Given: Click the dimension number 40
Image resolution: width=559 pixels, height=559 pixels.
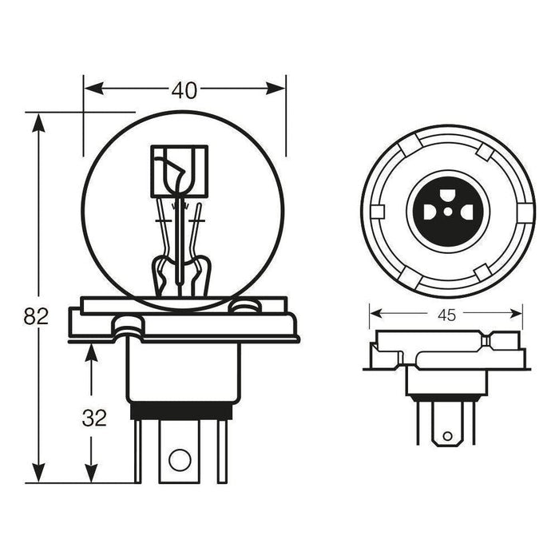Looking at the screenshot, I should (x=184, y=91).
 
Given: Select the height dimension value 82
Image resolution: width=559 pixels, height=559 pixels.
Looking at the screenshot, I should (x=36, y=316).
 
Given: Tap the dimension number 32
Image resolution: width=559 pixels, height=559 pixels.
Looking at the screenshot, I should (x=94, y=418).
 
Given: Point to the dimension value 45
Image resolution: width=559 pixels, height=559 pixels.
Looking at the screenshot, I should (x=446, y=315).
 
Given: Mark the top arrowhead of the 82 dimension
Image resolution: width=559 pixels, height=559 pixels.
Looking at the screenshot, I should (x=38, y=118).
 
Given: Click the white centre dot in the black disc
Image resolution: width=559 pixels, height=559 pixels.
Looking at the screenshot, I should (x=448, y=212).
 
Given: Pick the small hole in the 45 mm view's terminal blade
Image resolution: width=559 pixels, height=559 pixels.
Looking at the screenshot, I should (x=447, y=436).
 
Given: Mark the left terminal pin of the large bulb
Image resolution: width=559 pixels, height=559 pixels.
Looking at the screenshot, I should (x=138, y=451).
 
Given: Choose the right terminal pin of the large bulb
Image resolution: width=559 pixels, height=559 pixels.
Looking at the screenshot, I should (x=222, y=451).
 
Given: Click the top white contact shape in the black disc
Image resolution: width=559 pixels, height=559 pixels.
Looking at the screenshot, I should (x=448, y=195).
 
